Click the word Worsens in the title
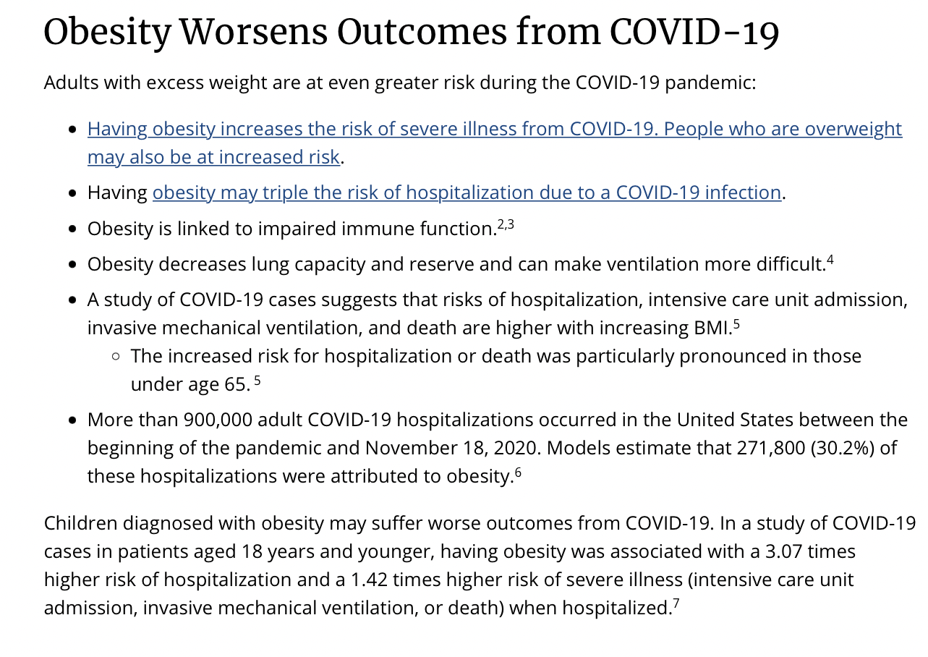pos(254,33)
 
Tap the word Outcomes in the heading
pos(422,33)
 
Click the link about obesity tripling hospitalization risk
pos(467,192)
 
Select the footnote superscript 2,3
pos(506,224)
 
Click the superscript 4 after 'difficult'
pos(830,260)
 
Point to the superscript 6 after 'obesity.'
pos(518,472)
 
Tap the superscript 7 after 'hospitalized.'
pos(676,603)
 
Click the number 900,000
pos(218,420)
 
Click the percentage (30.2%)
pos(843,448)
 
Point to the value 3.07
pos(783,551)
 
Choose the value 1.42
pos(369,580)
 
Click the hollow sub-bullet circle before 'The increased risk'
pos(116,356)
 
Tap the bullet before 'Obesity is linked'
pos(72,229)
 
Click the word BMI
pos(712,328)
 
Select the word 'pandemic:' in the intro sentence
pos(710,83)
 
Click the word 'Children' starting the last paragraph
pos(81,523)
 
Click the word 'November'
pos(411,448)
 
